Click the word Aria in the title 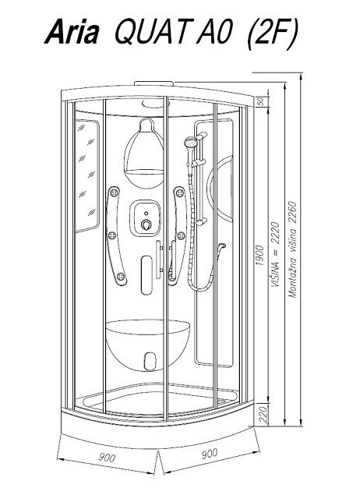pos(72,32)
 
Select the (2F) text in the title pos(272,34)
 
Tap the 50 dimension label pos(261,101)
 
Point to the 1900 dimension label pos(259,255)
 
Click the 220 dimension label pos(263,414)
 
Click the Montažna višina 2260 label pos(292,249)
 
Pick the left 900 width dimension pos(107,458)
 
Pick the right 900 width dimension pos(210,454)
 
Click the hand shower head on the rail pos(190,143)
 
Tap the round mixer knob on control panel pos(146,224)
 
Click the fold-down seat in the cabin pos(148,345)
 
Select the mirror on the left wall pos(87,175)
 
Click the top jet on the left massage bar pos(114,193)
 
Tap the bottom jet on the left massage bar pos(121,277)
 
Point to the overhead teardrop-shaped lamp pos(144,154)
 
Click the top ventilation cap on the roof pos(154,83)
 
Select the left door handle pos(159,260)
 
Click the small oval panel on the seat pos(150,361)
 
